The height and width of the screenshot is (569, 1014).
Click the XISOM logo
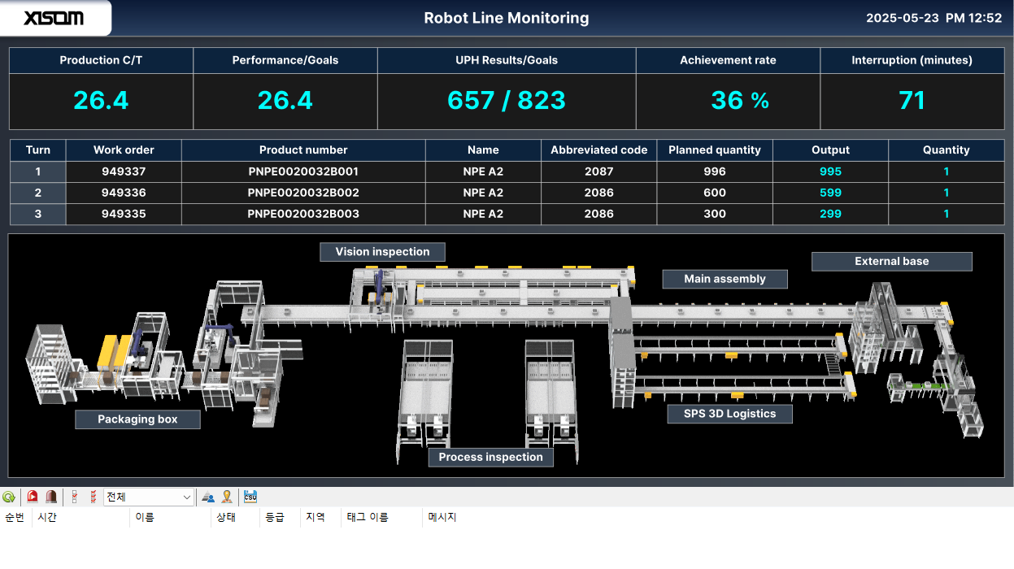[x=54, y=18]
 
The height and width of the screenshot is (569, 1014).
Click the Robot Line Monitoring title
[x=507, y=18]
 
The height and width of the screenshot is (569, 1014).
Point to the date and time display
[x=933, y=18]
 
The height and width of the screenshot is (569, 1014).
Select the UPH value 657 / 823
[x=507, y=100]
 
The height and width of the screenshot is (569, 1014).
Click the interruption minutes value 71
[x=912, y=100]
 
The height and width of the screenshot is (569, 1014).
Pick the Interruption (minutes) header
[x=912, y=60]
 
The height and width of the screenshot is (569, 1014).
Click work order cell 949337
[x=124, y=172]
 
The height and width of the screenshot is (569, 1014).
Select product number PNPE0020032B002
[x=303, y=193]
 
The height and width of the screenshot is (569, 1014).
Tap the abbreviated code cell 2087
[x=598, y=172]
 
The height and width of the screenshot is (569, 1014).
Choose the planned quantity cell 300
[x=715, y=214]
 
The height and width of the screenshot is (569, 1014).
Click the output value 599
[x=830, y=193]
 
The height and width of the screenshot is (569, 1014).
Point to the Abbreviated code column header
[x=598, y=150]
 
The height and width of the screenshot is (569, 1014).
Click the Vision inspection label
[x=382, y=252]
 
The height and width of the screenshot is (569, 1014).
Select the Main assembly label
[x=725, y=279]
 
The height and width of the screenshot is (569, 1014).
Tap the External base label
[x=891, y=261]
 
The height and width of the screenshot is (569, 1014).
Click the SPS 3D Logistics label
[x=729, y=414]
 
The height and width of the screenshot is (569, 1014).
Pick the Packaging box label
[x=137, y=419]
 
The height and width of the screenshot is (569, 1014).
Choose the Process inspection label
[x=490, y=457]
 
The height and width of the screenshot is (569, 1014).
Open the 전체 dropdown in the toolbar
[x=149, y=497]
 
